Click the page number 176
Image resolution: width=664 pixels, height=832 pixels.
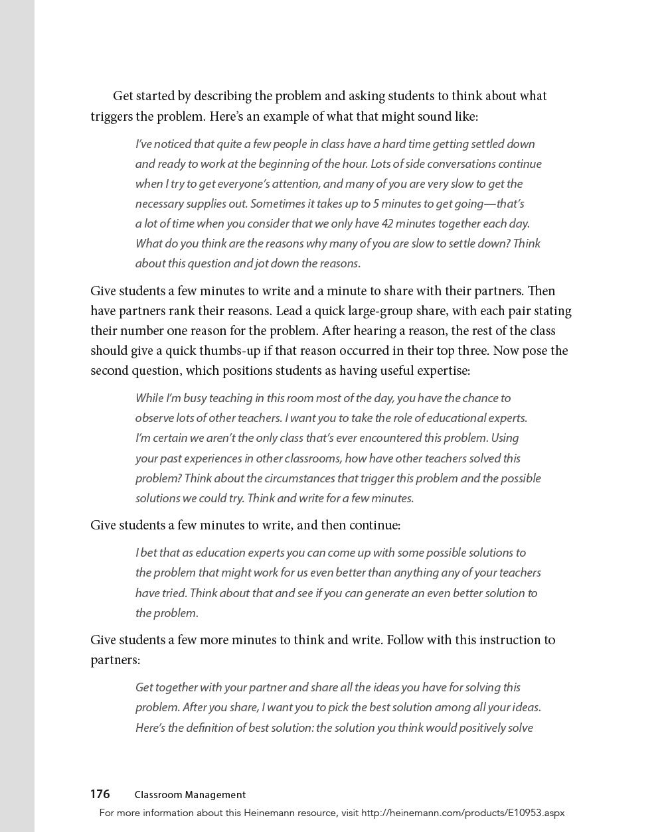100,794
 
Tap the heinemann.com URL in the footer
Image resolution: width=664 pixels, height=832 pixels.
463,812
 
